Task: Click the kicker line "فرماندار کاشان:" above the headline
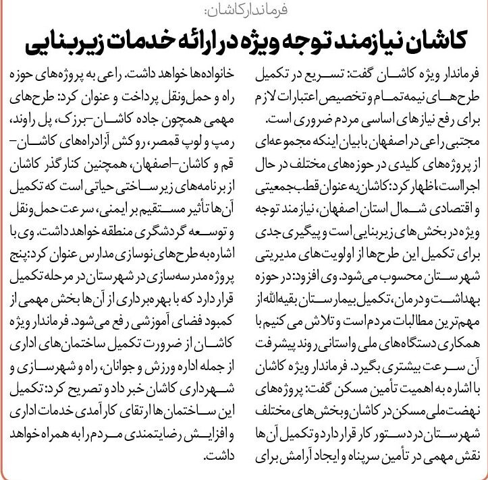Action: pyautogui.click(x=243, y=10)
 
